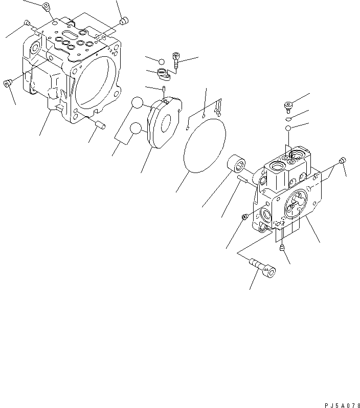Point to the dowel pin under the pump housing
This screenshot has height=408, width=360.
101,124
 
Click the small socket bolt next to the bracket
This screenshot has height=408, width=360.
176,60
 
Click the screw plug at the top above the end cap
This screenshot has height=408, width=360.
288,106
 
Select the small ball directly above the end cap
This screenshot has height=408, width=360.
288,127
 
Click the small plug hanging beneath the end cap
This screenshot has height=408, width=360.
282,248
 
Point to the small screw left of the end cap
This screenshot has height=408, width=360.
245,217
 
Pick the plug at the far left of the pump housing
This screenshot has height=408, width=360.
8,83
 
